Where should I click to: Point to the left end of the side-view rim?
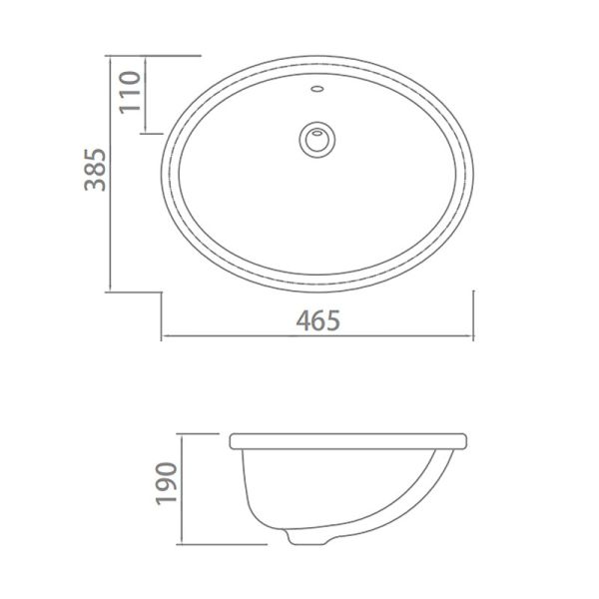tap(233, 440)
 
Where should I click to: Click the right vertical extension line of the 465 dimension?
tap(474, 314)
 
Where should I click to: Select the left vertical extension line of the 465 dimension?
tap(164, 314)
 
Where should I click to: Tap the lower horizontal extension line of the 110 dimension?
tap(165, 133)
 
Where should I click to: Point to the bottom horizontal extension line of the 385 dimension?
tap(135, 292)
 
